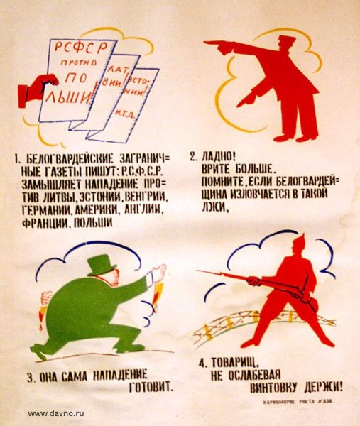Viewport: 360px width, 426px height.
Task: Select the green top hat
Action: point(102,265)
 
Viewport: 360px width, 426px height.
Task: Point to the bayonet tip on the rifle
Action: point(200,271)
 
